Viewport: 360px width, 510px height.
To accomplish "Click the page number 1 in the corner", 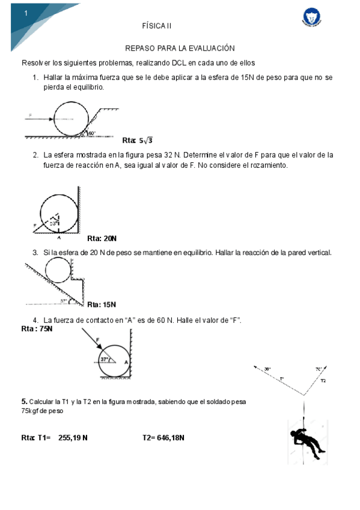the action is tap(26, 13).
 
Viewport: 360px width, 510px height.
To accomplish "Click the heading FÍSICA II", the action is tap(157, 26).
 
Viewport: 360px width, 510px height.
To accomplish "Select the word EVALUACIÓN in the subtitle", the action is tap(210, 48).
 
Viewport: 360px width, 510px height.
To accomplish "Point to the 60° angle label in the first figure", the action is tap(92, 133).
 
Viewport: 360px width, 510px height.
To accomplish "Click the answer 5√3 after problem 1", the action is tap(146, 141).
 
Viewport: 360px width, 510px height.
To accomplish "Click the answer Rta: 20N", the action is tap(102, 238).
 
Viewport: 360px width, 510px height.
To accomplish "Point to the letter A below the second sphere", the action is tap(58, 237).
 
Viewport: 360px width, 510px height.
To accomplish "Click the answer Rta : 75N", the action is tap(37, 329).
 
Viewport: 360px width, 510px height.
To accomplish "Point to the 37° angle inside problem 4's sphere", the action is tap(105, 359).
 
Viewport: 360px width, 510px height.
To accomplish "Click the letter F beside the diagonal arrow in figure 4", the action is tap(97, 340).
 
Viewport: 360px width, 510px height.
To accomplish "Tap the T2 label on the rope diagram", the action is tap(323, 381).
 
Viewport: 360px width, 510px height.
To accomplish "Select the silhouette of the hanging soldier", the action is tap(307, 443).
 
